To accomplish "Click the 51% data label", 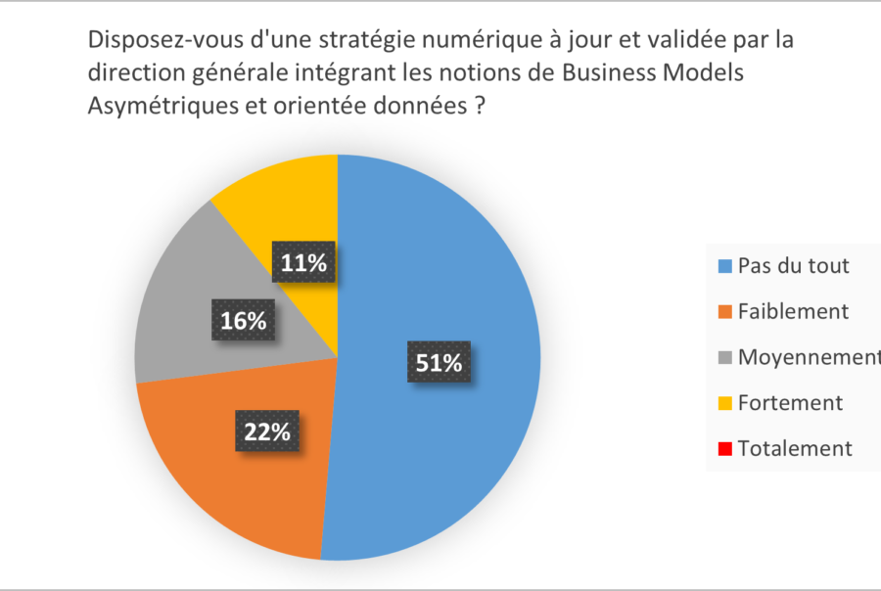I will pyautogui.click(x=438, y=362).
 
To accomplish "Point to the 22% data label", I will pyautogui.click(x=267, y=432).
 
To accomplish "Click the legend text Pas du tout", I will pyautogui.click(x=793, y=266).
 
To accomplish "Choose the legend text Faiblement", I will pyautogui.click(x=793, y=312).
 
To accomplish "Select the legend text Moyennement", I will pyautogui.click(x=809, y=358).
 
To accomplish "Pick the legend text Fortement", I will pyautogui.click(x=790, y=403).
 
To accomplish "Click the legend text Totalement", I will pyautogui.click(x=795, y=449).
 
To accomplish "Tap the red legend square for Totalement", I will pyautogui.click(x=723, y=450).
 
